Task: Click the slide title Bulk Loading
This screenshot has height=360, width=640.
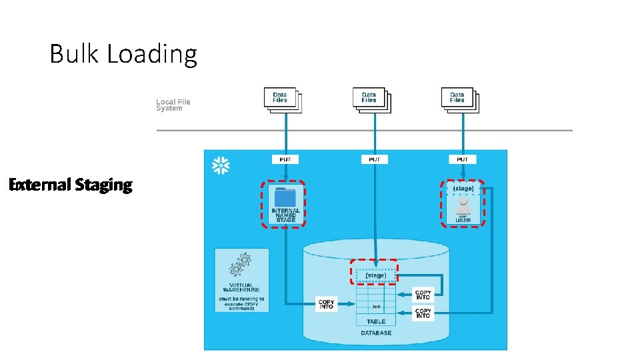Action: [x=123, y=54]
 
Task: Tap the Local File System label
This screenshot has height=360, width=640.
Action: [x=173, y=105]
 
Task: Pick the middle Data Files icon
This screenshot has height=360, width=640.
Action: [x=371, y=99]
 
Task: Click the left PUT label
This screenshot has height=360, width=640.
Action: [x=285, y=159]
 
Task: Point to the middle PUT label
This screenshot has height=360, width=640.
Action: [x=374, y=159]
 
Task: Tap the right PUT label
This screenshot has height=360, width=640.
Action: [x=463, y=159]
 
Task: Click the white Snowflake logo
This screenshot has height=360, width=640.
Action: [x=221, y=166]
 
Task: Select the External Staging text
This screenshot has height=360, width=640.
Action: [x=71, y=185]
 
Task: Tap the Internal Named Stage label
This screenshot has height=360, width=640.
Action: [x=285, y=215]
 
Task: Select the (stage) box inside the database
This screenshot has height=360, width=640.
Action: [x=375, y=275]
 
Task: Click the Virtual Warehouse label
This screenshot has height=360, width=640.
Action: [x=241, y=288]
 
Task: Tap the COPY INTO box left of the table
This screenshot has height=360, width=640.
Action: [x=327, y=304]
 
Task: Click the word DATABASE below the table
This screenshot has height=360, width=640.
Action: [x=376, y=333]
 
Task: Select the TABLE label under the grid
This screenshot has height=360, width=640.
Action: [x=376, y=321]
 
